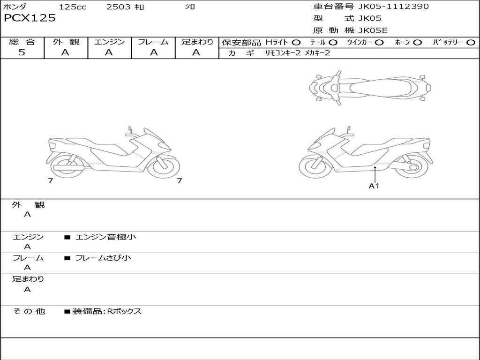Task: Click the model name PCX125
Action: (30, 18)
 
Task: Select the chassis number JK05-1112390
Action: (393, 7)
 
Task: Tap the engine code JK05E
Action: (373, 30)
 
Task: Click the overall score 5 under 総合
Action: (22, 52)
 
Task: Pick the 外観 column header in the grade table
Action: (66, 42)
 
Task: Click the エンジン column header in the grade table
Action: (109, 42)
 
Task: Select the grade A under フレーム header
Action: (154, 52)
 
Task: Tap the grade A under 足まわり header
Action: (196, 52)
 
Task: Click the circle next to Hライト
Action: (296, 43)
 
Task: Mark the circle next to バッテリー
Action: (471, 43)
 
